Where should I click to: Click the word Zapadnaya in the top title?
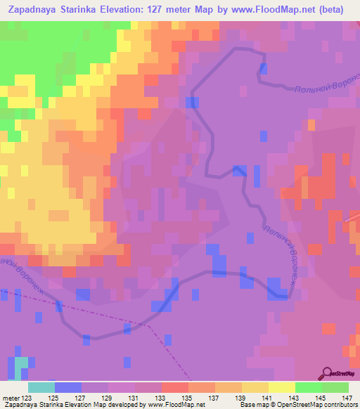pos(32,9)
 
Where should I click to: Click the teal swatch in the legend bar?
pos(41,387)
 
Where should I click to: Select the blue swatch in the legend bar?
pos(68,387)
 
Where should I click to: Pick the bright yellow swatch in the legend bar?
pos(282,387)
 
